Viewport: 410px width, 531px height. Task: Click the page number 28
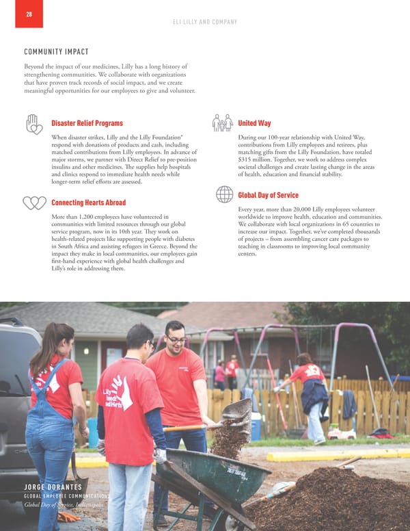point(28,14)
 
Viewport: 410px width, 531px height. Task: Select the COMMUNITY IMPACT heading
point(56,52)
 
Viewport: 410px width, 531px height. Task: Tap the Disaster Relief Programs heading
point(87,123)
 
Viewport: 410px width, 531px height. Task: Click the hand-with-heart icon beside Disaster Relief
point(35,123)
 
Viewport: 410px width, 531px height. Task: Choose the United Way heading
point(254,123)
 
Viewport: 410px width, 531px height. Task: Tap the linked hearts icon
point(34,203)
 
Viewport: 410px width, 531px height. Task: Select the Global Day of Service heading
point(268,195)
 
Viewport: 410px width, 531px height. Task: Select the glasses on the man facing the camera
point(176,338)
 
